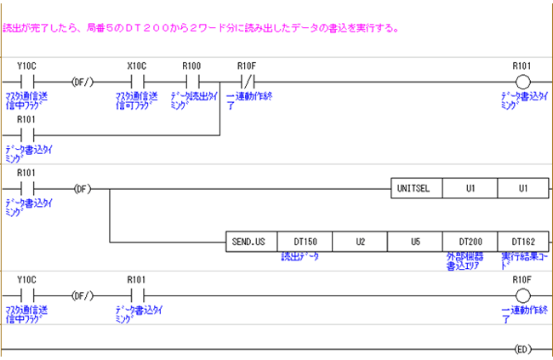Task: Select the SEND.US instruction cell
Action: (251, 242)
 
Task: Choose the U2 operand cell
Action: (360, 242)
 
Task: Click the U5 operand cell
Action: (415, 242)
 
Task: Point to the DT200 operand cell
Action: (470, 242)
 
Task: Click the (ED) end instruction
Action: (522, 349)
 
